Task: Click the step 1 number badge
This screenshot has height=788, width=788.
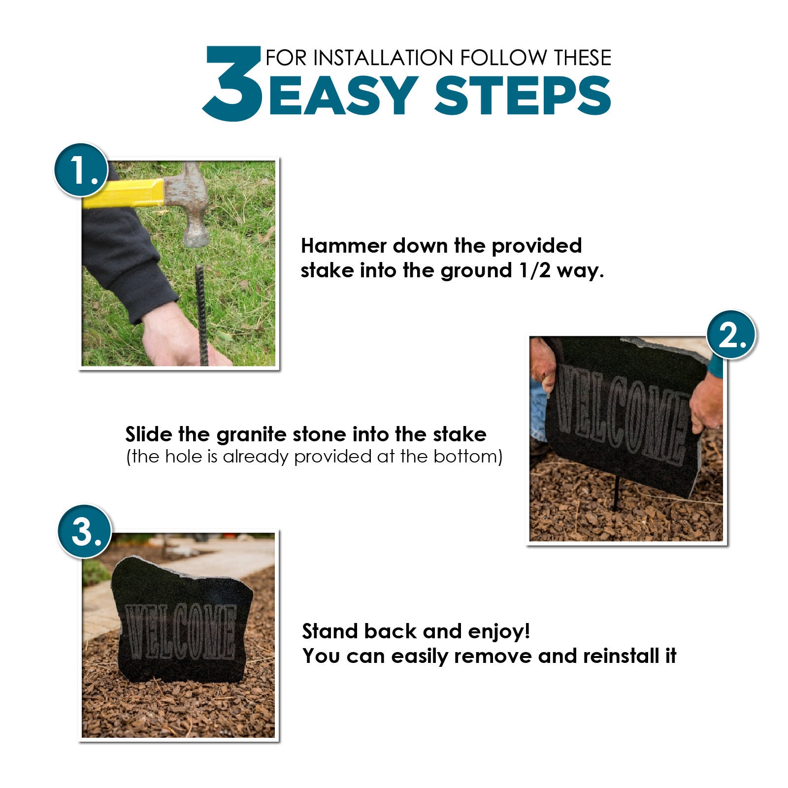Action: [x=81, y=170]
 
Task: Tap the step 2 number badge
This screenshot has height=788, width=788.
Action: [x=731, y=335]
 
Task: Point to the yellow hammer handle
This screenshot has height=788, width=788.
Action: [x=123, y=193]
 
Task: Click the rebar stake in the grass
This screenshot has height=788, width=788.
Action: [x=201, y=315]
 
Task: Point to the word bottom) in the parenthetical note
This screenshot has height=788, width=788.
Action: [x=467, y=457]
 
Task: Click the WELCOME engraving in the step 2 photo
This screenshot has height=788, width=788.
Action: [x=623, y=414]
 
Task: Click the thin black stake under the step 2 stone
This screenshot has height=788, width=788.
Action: [x=615, y=493]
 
